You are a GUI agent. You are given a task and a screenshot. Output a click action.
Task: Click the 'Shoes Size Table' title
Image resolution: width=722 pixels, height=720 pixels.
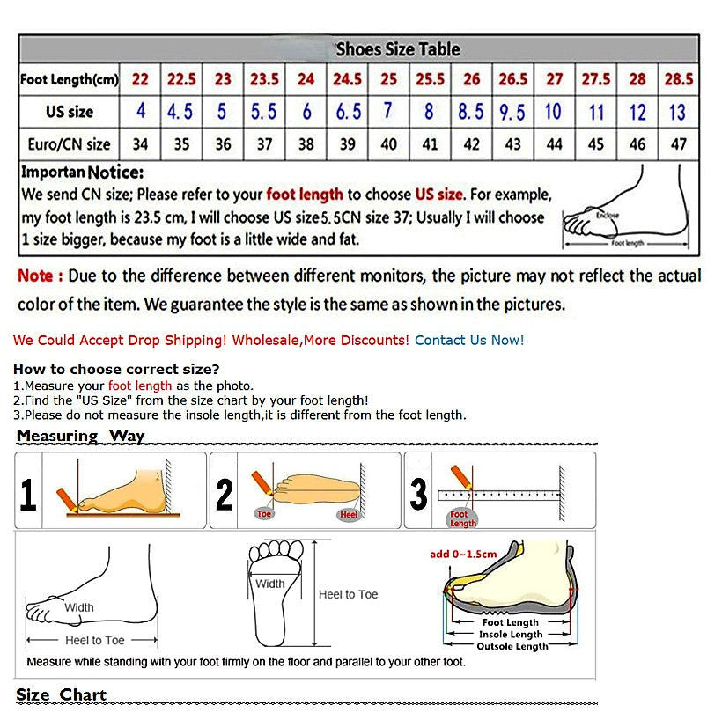398,49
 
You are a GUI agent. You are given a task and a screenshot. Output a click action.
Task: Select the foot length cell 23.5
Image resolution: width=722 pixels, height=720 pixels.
264,79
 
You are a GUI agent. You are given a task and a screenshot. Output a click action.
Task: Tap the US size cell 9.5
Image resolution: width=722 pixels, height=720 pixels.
512,112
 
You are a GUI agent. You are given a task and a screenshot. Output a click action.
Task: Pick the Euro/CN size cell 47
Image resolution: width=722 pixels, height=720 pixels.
678,143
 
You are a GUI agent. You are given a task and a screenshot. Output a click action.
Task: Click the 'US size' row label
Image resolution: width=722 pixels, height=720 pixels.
70,112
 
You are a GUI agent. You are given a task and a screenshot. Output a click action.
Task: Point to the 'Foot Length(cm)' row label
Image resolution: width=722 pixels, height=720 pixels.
69,80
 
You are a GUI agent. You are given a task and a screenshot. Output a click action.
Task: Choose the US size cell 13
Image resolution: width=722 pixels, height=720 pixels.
677,112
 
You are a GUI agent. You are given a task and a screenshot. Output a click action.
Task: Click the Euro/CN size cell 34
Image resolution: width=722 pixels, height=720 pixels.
140,143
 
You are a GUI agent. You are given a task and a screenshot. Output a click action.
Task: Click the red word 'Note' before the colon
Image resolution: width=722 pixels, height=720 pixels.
36,276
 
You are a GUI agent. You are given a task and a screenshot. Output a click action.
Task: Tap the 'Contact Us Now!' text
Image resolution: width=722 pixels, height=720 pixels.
469,340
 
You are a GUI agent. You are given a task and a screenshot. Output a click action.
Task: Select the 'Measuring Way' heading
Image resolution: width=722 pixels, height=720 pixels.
80,436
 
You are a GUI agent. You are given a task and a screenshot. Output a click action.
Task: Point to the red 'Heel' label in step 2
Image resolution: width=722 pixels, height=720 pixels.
350,514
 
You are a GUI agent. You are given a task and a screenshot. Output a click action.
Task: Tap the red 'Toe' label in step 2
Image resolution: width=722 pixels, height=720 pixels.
264,513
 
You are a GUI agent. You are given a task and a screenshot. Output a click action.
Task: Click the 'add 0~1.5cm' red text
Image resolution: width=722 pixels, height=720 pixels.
462,554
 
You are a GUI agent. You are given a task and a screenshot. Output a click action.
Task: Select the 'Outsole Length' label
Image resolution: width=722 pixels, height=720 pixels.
512,646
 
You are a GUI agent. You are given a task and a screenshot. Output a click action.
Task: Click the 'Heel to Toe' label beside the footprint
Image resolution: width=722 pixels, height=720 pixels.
348,595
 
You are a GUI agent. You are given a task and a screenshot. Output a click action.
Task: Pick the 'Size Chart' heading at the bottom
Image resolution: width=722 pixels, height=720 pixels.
61,694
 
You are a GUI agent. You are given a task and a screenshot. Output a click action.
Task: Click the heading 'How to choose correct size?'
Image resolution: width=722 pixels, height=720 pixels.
116,369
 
